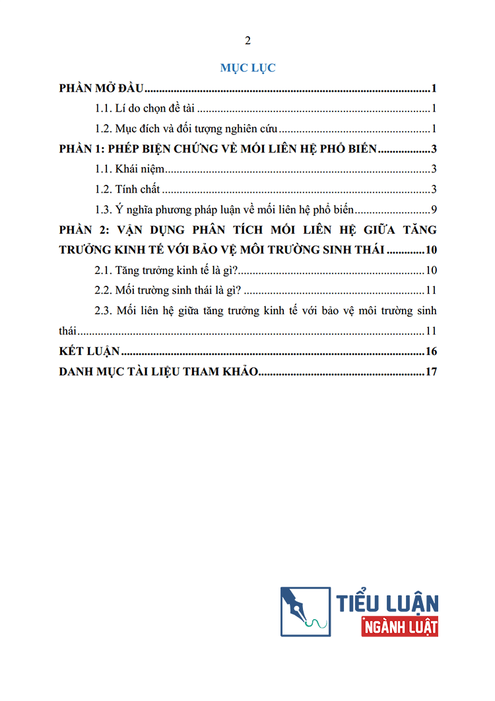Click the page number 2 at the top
click(x=247, y=41)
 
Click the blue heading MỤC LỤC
click(x=247, y=68)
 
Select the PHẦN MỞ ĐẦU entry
click(x=102, y=88)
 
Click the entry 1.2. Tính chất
click(x=128, y=189)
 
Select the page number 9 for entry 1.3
click(x=433, y=210)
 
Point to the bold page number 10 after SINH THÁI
click(x=432, y=250)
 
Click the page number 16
click(x=432, y=351)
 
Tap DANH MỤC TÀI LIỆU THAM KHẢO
click(x=158, y=372)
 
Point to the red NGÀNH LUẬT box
click(x=399, y=626)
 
